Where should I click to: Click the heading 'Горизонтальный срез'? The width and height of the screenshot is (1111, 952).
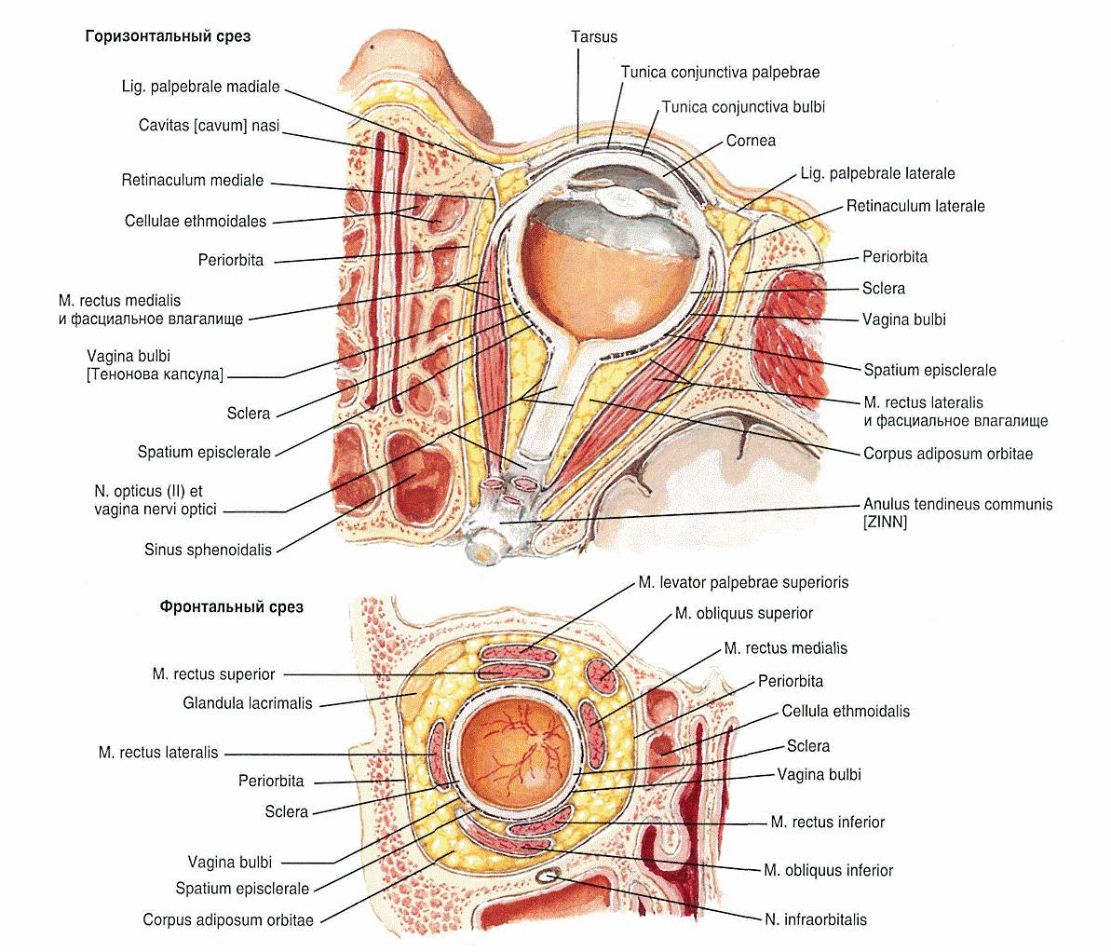(168, 37)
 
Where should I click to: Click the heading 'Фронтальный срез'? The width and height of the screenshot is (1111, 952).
(231, 607)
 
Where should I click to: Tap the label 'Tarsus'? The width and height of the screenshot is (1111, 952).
(594, 37)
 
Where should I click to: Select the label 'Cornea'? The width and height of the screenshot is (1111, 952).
(751, 141)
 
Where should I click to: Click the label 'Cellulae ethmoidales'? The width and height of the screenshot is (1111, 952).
(196, 222)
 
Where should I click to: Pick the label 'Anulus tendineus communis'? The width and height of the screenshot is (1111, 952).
(957, 504)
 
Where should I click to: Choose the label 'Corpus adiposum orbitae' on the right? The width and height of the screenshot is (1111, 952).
(947, 455)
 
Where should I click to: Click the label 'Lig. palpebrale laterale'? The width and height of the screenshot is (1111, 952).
(877, 173)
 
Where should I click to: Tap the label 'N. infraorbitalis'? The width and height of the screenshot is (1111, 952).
(815, 919)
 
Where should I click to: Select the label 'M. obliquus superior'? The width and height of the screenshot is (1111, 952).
(743, 614)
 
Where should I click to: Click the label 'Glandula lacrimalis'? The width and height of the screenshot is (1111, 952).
(248, 703)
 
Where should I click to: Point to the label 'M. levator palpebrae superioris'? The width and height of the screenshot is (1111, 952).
(743, 583)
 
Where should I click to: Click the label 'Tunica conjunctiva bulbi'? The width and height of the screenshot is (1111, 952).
(743, 107)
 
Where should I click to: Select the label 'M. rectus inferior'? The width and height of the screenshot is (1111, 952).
(827, 823)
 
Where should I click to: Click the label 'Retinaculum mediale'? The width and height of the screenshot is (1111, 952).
(193, 181)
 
